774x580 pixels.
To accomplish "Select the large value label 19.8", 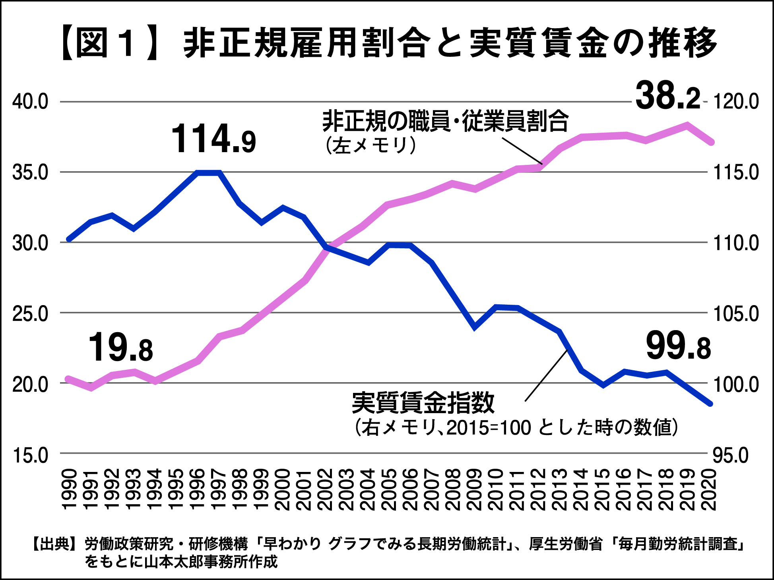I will (120, 348).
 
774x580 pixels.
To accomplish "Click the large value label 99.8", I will (678, 346).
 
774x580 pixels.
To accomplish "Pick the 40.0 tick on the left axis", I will (30, 102).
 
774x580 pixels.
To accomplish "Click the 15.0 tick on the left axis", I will (30, 455).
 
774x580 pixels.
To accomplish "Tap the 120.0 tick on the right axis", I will (736, 102).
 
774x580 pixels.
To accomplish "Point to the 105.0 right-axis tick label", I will (736, 314).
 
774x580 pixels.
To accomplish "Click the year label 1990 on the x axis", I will (70, 489).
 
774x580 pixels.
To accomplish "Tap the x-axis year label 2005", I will (390, 489).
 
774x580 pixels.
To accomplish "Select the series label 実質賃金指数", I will (423, 403).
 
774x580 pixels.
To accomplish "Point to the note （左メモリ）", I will (371, 145).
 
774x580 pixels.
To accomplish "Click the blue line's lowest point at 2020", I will (710, 404).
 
